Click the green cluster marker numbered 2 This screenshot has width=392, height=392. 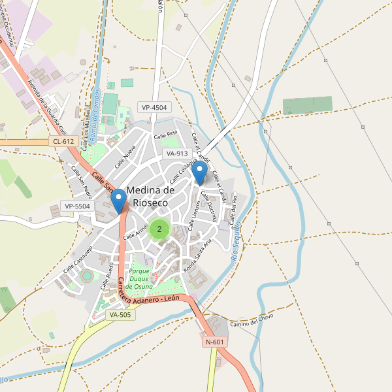159,229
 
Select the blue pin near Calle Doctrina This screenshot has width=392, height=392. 201,172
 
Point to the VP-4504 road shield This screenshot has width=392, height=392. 154,107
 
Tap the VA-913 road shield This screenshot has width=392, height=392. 177,154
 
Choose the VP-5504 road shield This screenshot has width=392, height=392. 77,206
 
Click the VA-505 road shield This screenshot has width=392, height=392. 120,315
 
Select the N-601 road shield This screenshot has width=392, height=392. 215,342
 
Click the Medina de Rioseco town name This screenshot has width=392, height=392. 150,197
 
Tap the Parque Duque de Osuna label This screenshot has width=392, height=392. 140,279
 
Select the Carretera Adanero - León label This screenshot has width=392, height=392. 149,291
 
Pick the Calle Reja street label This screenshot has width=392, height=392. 166,135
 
